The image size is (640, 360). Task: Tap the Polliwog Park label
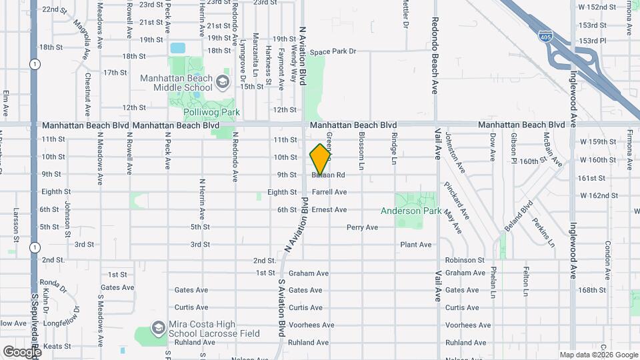click(211, 111)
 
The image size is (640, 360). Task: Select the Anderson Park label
click(411, 211)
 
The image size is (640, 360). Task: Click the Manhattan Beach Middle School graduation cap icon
click(223, 82)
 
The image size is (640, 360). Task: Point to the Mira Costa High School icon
click(158, 327)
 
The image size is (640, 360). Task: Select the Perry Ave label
click(362, 227)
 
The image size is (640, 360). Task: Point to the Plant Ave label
click(416, 245)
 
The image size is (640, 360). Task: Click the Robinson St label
click(465, 259)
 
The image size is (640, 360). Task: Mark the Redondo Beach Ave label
click(434, 55)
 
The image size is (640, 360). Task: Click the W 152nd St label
click(597, 7)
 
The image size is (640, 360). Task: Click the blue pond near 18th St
click(177, 48)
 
